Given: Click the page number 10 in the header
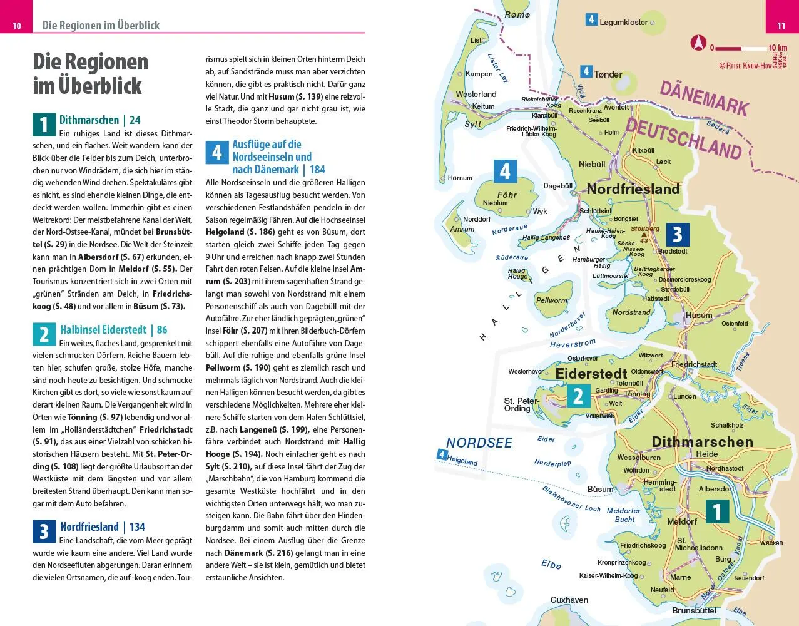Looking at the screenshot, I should pyautogui.click(x=17, y=26).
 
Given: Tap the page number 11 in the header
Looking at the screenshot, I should pyautogui.click(x=781, y=26).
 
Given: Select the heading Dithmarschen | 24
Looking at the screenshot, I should pyautogui.click(x=99, y=120).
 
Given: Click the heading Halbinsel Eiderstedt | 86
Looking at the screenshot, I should pyautogui.click(x=113, y=330).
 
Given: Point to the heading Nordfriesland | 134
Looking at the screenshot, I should pyautogui.click(x=103, y=527).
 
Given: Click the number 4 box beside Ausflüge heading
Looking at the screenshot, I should pyautogui.click(x=216, y=152).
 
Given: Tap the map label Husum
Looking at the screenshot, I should pyautogui.click(x=699, y=316).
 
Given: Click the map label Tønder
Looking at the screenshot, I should pyautogui.click(x=608, y=74).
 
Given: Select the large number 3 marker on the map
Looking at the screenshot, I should pyautogui.click(x=677, y=235).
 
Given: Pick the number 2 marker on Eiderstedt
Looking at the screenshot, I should pyautogui.click(x=578, y=396).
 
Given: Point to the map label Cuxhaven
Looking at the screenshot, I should pyautogui.click(x=569, y=600).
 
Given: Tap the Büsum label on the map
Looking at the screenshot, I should pyautogui.click(x=600, y=490).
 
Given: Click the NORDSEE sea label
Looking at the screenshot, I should pyautogui.click(x=479, y=443).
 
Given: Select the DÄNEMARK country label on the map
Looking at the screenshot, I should pyautogui.click(x=704, y=98).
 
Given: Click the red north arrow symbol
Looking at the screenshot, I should pyautogui.click(x=698, y=43).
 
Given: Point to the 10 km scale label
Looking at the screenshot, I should pyautogui.click(x=778, y=48).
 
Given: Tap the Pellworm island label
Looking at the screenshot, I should pyautogui.click(x=551, y=300).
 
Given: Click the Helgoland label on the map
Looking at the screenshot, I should pyautogui.click(x=462, y=461).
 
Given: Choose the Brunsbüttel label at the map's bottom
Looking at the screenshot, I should pyautogui.click(x=694, y=610).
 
